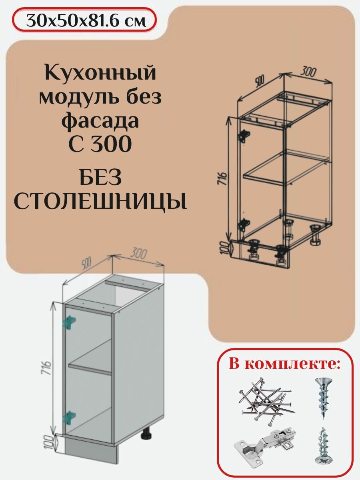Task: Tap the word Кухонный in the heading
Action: click(100, 75)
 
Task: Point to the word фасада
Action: click(100, 121)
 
